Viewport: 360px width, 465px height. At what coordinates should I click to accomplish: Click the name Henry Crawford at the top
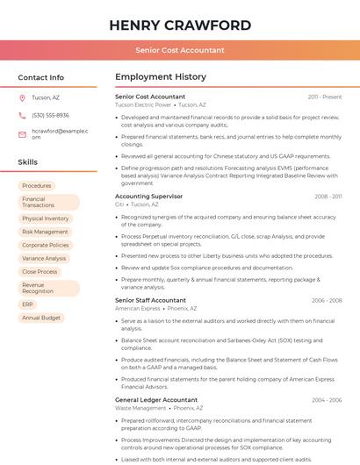180,25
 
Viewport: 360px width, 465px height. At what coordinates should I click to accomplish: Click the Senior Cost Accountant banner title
180,50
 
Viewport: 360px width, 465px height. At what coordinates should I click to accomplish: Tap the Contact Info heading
40,77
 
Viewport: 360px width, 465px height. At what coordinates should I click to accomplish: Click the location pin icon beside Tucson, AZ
22,97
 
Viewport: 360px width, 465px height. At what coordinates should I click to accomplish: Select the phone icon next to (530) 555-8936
22,115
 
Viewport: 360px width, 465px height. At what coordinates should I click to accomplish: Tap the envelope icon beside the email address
22,133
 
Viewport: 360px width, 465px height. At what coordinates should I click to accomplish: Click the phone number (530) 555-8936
50,115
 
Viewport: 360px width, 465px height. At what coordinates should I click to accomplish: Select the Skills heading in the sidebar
27,162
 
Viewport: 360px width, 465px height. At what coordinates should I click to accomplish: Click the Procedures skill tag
37,186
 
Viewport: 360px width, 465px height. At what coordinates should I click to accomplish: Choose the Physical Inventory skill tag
46,218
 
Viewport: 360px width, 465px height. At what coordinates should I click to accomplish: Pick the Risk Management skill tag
46,232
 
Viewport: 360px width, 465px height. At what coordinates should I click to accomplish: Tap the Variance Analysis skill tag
44,258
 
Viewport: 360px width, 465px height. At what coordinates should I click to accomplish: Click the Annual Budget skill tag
41,318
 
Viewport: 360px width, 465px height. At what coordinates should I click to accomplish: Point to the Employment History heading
161,77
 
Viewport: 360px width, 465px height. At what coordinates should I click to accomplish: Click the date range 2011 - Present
324,97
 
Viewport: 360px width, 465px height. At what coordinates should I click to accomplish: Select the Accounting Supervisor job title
148,197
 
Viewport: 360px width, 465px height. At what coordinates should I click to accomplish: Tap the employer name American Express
138,308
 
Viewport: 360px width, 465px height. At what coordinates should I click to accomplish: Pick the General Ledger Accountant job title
155,400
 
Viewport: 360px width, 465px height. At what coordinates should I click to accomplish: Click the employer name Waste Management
140,408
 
